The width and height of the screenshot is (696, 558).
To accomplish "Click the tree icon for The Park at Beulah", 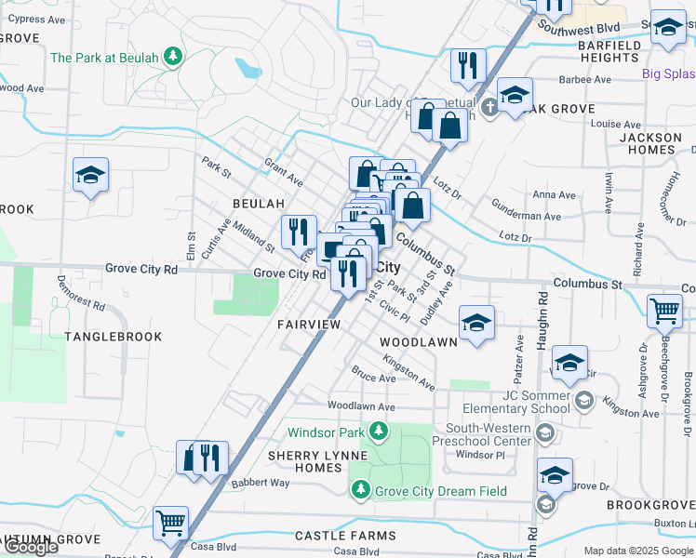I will click(172, 58).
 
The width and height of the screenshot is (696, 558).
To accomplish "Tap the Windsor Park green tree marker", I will click(378, 432).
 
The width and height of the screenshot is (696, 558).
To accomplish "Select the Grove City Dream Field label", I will click(441, 491).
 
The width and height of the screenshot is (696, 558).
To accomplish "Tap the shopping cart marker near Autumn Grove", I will click(170, 524).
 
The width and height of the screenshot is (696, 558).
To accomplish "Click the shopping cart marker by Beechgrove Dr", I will click(664, 312).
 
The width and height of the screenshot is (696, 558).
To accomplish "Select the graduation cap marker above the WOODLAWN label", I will click(476, 323).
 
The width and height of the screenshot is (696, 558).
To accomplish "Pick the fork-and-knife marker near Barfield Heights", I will click(467, 65).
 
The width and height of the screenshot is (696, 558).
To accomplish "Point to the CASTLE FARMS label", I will click(345, 536).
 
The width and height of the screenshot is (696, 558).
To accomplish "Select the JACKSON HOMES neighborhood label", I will click(651, 143).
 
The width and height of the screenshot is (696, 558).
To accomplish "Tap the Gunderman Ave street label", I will click(526, 216).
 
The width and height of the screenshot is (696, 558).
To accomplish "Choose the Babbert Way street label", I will click(261, 483).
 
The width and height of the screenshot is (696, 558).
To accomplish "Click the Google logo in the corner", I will click(31, 547).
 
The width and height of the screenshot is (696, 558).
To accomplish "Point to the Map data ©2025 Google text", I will click(637, 551).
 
